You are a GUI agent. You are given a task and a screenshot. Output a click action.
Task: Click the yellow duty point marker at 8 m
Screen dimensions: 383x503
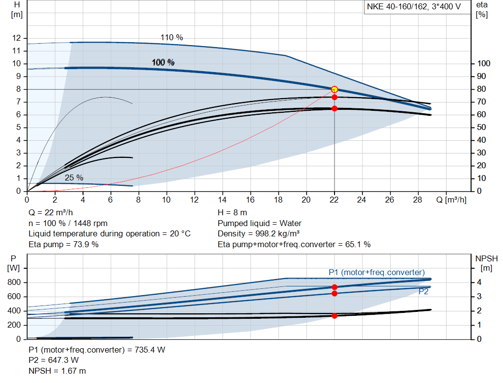(335, 89)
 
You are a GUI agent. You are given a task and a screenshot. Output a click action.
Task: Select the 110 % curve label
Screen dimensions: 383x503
(171, 37)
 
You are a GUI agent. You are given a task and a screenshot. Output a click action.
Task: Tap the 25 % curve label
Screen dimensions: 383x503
(74, 178)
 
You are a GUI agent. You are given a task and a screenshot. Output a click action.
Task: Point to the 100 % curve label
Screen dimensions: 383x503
(163, 62)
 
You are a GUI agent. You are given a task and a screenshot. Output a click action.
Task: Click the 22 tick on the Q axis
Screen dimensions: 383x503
(335, 200)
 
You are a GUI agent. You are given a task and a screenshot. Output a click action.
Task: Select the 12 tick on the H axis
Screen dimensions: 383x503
(17, 38)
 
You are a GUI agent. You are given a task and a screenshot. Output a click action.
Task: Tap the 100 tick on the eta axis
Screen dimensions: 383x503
(484, 64)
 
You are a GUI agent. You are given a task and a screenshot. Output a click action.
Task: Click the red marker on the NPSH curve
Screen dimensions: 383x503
(335, 316)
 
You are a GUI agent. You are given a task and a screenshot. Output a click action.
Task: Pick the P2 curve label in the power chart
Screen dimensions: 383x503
(423, 291)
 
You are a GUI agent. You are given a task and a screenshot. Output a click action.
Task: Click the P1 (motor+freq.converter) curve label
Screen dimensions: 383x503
(376, 272)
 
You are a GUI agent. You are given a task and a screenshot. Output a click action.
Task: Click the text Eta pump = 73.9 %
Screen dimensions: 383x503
(63, 244)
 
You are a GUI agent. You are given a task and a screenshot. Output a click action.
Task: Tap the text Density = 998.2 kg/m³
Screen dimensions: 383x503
(259, 233)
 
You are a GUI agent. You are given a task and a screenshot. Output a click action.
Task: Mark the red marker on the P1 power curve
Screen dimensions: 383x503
(335, 287)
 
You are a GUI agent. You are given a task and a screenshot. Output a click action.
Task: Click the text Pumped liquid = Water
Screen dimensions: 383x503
(259, 223)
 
